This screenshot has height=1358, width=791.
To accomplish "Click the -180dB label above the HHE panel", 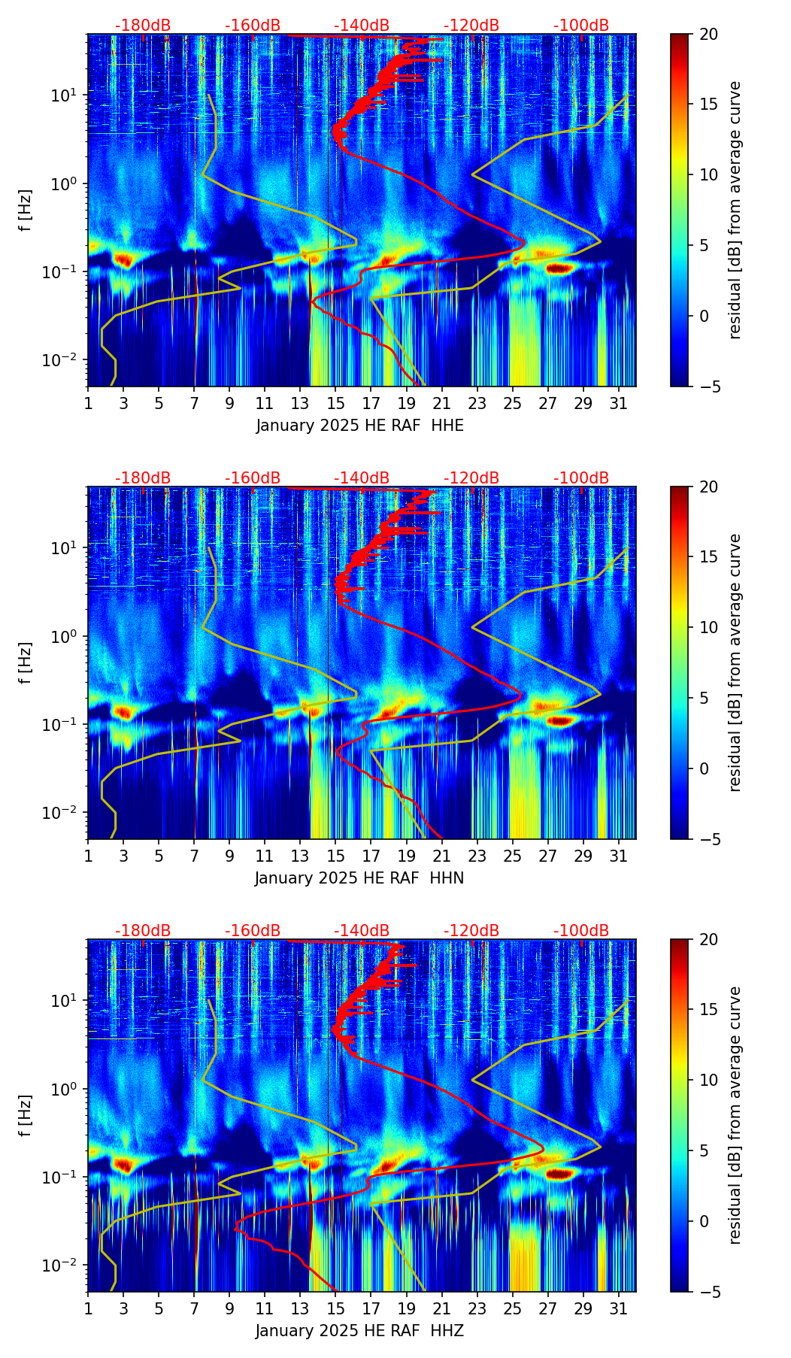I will tap(143, 26).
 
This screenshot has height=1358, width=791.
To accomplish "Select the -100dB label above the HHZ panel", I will tap(581, 931).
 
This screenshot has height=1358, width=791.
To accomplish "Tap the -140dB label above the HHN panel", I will tap(362, 478).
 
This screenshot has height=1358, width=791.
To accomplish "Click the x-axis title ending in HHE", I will tap(360, 426).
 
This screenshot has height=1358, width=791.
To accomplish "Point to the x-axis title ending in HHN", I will tap(359, 878).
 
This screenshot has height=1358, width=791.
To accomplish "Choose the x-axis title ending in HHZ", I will tap(359, 1331).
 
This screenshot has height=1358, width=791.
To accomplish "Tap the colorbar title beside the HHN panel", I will tap(735, 662).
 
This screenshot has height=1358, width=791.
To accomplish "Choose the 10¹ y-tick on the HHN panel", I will tap(65, 548).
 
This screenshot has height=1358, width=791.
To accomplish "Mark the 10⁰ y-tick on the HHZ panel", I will tap(65, 1089).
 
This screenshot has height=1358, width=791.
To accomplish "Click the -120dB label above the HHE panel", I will tap(471, 26).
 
